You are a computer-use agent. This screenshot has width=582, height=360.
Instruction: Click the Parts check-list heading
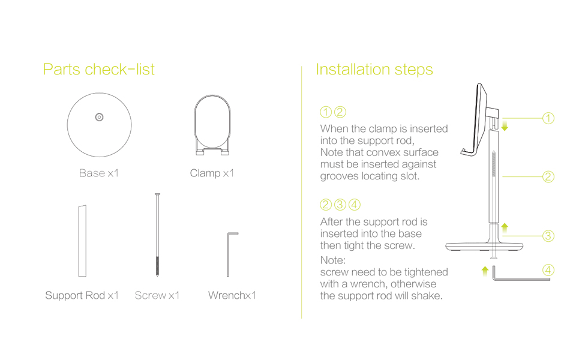98,70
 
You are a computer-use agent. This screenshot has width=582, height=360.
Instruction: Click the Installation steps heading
374,70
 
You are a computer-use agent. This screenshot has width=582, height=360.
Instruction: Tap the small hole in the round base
99,117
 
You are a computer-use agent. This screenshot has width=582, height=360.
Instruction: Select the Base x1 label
99,173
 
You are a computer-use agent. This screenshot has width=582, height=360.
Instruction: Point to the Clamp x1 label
212,173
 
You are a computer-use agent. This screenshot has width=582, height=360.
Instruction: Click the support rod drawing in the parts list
82,241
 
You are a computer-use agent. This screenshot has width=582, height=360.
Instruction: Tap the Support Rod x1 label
82,295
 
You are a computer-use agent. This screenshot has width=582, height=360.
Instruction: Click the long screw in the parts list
157,235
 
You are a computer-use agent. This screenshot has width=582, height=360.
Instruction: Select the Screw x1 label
157,295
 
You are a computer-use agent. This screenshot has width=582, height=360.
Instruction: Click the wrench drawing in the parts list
230,254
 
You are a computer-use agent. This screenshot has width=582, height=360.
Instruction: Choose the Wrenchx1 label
232,295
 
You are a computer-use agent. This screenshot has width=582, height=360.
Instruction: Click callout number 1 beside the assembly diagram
548,118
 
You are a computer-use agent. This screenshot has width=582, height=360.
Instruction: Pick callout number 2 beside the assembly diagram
548,177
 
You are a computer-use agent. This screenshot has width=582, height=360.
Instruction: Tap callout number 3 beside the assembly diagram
548,236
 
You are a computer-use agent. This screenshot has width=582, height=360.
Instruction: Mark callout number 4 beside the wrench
548,269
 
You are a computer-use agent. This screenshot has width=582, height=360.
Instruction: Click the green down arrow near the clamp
505,125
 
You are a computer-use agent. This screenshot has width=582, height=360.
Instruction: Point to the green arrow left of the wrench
485,271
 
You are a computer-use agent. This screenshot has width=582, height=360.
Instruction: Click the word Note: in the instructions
333,261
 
